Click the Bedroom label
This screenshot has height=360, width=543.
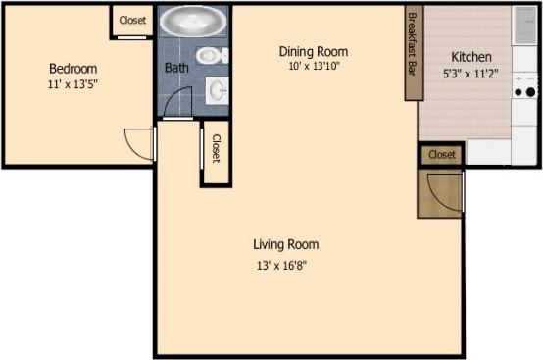coord(74,69)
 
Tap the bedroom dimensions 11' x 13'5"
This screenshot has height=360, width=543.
coord(74,84)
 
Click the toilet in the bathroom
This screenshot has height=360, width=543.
coord(210,55)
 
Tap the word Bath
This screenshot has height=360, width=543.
coord(176,69)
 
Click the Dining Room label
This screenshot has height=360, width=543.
coord(314,51)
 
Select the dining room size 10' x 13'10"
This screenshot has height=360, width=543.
coord(318,67)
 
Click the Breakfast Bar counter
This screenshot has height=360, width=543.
coord(413,54)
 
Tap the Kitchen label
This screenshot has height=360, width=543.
coord(471,57)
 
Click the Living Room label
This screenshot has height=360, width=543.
coord(286,244)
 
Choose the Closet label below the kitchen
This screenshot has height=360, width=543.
coord(442,155)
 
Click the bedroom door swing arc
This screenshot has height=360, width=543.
coord(138,143)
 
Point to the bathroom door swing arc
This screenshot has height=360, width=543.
coord(177,103)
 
